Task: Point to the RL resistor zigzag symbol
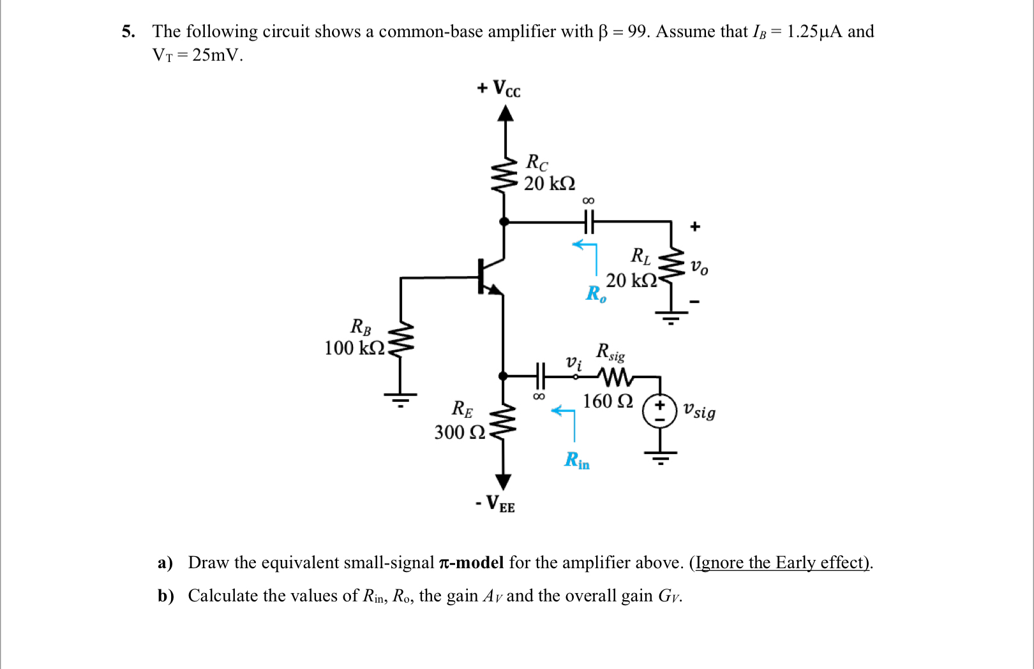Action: (x=671, y=268)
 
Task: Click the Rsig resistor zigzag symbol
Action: (x=615, y=377)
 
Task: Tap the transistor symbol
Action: (x=488, y=276)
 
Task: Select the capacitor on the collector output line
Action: (x=588, y=222)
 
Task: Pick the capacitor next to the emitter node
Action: (x=540, y=376)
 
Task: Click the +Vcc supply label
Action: (x=499, y=88)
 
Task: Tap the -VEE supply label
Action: (x=495, y=504)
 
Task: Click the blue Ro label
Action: (x=596, y=294)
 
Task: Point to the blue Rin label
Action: (x=577, y=460)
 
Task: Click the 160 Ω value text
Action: (x=608, y=401)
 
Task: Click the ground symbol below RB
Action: (x=400, y=399)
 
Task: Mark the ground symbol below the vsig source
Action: (x=660, y=457)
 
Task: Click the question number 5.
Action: (x=128, y=32)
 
